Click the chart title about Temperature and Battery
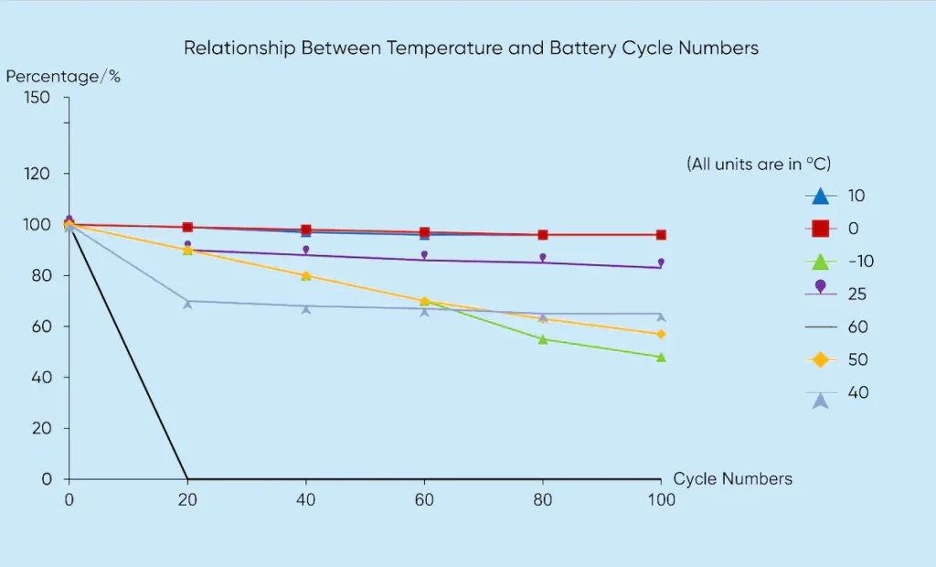click(471, 48)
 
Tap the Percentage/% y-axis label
click(63, 77)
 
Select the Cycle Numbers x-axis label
click(732, 479)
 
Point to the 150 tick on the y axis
click(44, 97)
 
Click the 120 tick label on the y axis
click(44, 174)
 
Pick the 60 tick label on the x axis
click(424, 499)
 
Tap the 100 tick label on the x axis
click(661, 499)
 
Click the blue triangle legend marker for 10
click(820, 196)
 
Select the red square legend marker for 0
click(820, 229)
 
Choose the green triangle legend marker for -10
click(820, 261)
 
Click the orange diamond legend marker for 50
click(820, 359)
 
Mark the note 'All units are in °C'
click(758, 164)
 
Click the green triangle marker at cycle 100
click(661, 357)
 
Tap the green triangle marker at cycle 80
click(543, 339)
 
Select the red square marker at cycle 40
click(306, 230)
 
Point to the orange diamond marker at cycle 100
click(661, 334)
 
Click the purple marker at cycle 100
click(661, 262)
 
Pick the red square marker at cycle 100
click(661, 235)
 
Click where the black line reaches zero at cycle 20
click(187, 478)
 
